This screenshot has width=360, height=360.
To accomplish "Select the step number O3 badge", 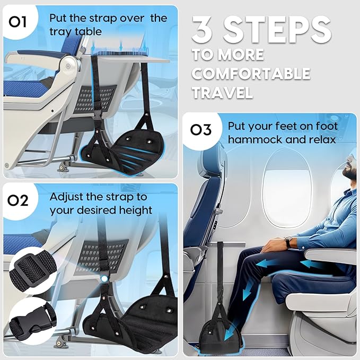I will pos(201,130).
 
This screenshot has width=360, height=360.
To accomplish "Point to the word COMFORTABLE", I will pos(251,73).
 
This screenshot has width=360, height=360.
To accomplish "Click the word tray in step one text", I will pos(60,31).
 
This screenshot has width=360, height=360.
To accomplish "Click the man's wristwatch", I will pos(287,241).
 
